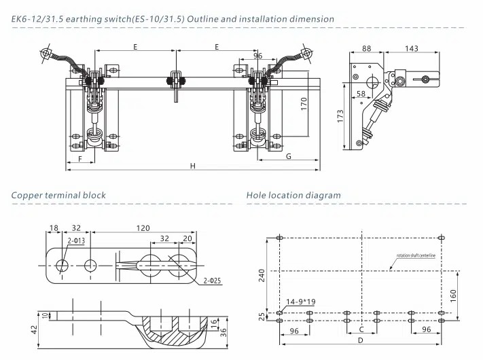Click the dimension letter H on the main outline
192,166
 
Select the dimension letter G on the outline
289,156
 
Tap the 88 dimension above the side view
367,48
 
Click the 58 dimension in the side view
361,93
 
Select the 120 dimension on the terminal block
143,229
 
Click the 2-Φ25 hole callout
212,281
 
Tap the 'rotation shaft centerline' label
425,258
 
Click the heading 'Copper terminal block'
58,196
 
